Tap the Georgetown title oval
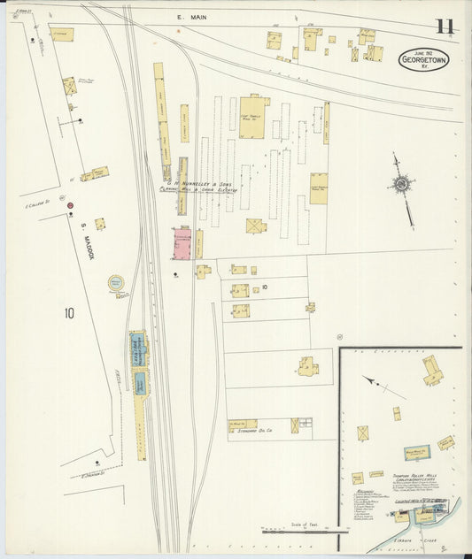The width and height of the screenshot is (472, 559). [x=423, y=60]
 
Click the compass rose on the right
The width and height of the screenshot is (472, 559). [x=403, y=185]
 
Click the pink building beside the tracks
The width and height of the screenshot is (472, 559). [x=182, y=244]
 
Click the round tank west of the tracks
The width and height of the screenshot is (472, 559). [x=116, y=284]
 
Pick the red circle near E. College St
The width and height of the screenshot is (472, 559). [x=69, y=205]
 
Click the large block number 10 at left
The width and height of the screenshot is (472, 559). [x=69, y=312]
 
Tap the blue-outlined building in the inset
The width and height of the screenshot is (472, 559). [x=417, y=453]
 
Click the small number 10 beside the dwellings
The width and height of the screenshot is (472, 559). [x=264, y=287]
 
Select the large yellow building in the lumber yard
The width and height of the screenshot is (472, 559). [x=251, y=118]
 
